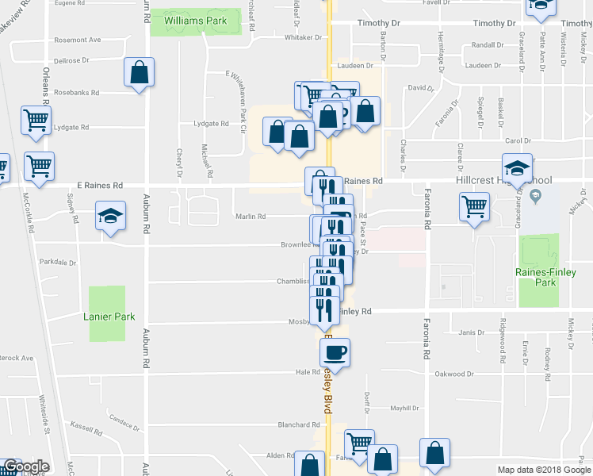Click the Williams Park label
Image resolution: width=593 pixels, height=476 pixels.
[195, 21]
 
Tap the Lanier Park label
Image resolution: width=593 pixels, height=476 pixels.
[109, 317]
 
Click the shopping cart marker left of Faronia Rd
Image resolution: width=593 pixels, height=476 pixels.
[474, 208]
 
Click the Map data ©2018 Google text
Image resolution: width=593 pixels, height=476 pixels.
[543, 470]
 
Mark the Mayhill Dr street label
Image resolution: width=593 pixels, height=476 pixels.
[404, 408]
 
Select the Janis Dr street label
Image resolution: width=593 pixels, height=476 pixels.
[465, 332]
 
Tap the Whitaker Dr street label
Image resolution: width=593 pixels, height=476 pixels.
[301, 37]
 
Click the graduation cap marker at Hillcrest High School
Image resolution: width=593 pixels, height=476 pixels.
[516, 169]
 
